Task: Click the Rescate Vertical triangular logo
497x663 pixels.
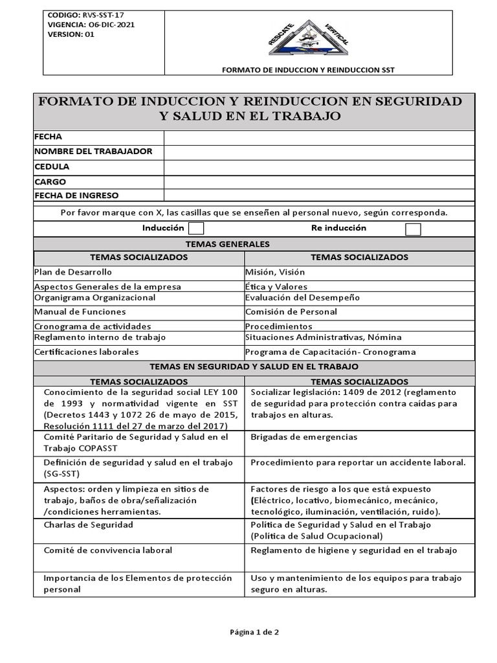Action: [308, 38]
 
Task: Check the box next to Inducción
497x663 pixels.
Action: [196, 229]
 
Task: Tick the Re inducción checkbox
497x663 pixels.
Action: [413, 229]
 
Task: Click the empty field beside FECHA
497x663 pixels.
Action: [319, 137]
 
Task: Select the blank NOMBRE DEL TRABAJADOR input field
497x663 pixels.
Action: [319, 152]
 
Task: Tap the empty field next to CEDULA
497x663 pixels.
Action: [319, 166]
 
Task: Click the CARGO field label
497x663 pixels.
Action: [50, 182]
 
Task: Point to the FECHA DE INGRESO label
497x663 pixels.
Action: [76, 196]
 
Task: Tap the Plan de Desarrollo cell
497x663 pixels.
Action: [73, 272]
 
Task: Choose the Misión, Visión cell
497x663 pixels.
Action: [275, 273]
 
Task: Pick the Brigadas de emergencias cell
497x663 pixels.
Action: [304, 437]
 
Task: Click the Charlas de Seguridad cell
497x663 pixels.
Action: [88, 524]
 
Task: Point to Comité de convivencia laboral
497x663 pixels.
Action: [107, 550]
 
